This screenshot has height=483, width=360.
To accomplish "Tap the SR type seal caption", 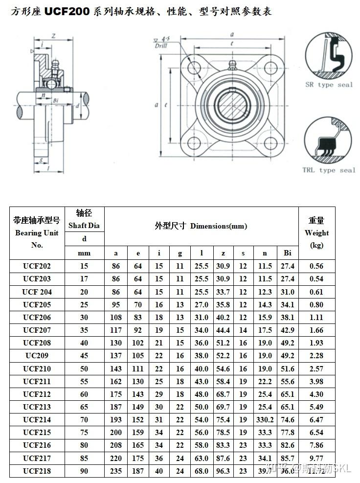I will [x=329, y=85].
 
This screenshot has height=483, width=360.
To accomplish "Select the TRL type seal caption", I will [x=328, y=170].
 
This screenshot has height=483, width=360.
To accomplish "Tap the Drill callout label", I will [x=161, y=45].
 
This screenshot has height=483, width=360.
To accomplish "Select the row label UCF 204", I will [x=37, y=292].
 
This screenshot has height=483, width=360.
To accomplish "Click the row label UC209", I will [x=37, y=355].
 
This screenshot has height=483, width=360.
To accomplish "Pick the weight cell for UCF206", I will [x=316, y=317].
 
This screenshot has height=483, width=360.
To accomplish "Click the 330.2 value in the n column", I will [x=265, y=419].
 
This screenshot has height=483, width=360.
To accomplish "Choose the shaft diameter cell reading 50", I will [x=84, y=368].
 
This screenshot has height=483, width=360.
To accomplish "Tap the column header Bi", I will [x=288, y=253].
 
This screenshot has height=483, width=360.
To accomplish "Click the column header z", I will [x=223, y=253].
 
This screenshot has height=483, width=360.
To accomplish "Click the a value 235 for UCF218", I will [x=116, y=471].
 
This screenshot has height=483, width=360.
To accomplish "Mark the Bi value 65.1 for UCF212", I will [x=288, y=394].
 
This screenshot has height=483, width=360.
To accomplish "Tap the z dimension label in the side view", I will [x=52, y=36].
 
